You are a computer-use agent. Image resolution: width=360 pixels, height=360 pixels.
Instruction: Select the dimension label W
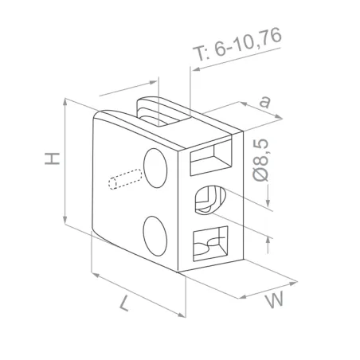[x=274, y=301]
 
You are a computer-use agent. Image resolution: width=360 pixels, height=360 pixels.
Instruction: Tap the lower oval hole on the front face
[x=155, y=236]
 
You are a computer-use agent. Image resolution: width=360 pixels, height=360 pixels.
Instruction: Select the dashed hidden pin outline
[x=123, y=178]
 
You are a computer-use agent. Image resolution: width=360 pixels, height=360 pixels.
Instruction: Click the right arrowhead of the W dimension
[x=295, y=281]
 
